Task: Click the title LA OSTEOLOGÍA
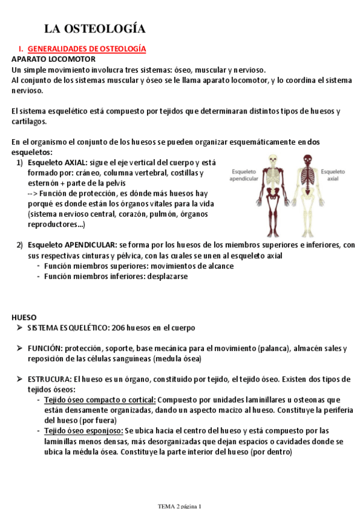(x=95, y=29)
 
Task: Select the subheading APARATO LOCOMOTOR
(x=53, y=59)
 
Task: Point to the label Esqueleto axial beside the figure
(x=333, y=175)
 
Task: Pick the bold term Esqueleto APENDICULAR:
(x=72, y=245)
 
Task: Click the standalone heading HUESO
(x=24, y=317)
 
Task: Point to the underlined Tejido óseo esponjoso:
(x=83, y=431)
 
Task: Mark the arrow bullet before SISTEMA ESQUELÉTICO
(x=19, y=328)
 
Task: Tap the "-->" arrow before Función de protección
(x=33, y=194)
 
